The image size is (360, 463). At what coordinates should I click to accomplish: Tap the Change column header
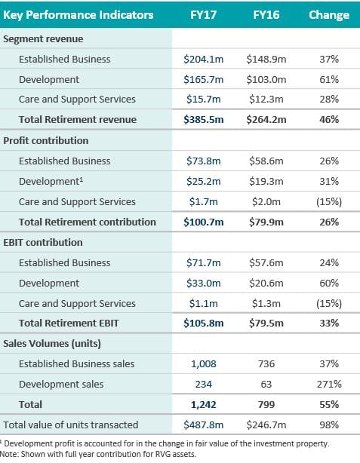coord(329,15)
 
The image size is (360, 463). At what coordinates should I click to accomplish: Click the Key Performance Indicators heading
coord(78,15)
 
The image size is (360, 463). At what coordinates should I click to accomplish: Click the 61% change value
coord(329,79)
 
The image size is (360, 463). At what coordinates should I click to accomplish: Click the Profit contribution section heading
coord(46,140)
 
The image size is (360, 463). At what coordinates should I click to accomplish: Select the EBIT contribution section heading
coord(43,242)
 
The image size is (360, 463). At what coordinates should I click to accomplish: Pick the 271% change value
coord(329,384)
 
